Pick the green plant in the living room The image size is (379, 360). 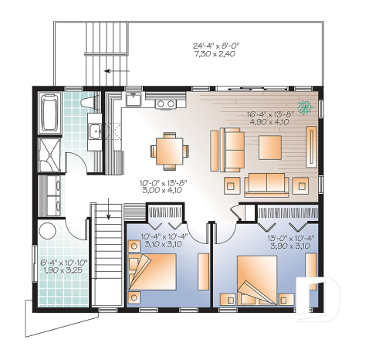306,108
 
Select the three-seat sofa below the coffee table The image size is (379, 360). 266,184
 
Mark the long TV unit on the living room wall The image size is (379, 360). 312,149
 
